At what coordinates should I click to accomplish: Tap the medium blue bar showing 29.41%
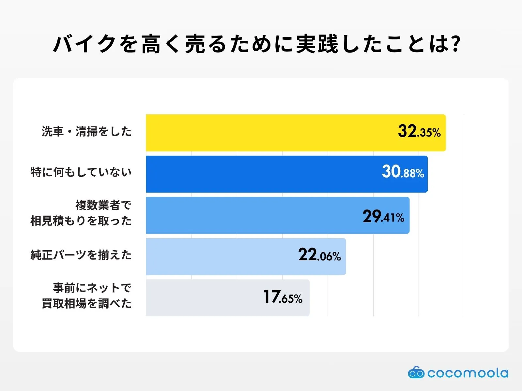(x=248, y=215)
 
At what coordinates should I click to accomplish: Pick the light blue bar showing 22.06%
(x=219, y=256)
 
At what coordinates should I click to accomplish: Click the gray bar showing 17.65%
(x=202, y=298)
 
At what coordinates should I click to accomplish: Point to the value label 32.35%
(x=419, y=131)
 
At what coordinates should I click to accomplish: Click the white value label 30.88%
(x=403, y=172)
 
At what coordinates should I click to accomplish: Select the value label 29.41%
(x=383, y=216)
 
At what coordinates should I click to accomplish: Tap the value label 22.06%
(x=319, y=255)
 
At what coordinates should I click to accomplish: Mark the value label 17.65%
(x=283, y=297)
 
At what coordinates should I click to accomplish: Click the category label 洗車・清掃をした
(x=86, y=132)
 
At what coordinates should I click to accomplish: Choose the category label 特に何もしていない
(x=81, y=172)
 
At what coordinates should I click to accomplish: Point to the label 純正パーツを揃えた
(x=81, y=255)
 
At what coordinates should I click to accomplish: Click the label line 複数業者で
(x=103, y=205)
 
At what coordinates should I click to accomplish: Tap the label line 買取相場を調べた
(x=86, y=304)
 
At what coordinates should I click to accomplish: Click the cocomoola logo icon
(x=416, y=373)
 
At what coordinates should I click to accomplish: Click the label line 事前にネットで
(x=92, y=288)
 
